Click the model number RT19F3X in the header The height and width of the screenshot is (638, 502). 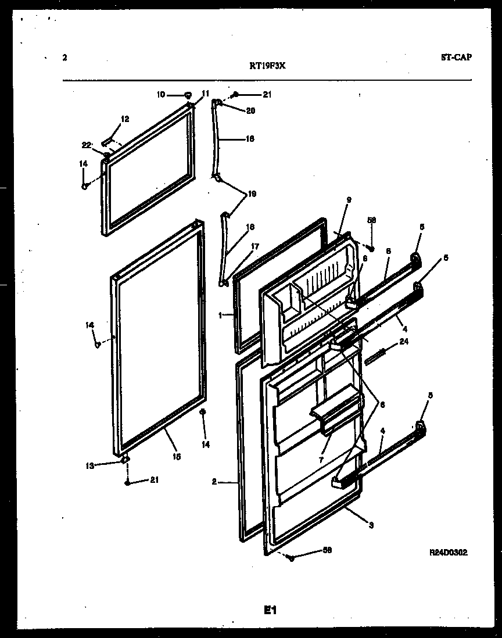[267, 66]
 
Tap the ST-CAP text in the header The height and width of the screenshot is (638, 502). [456, 57]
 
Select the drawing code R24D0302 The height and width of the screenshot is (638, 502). [448, 553]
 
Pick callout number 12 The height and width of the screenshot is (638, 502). [124, 119]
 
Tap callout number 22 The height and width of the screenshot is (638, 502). [87, 145]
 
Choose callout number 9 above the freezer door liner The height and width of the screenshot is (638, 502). [349, 200]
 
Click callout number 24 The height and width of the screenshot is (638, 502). [404, 342]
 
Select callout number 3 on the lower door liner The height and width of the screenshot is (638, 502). [370, 526]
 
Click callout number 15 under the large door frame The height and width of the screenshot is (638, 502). [177, 457]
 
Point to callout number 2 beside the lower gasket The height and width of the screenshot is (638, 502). [214, 481]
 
